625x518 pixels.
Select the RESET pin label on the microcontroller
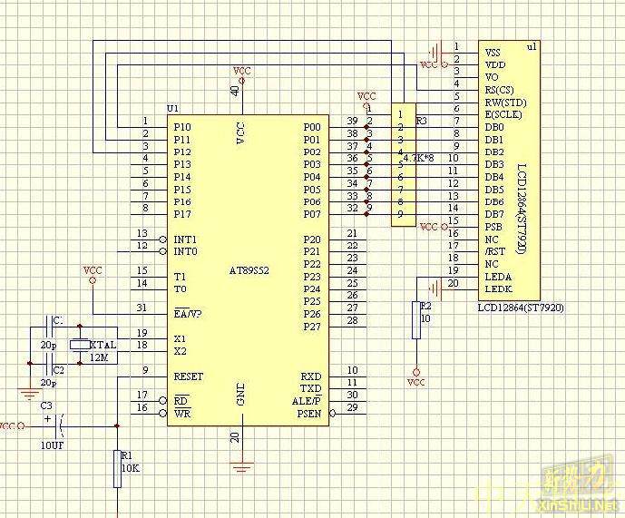pos(189,376)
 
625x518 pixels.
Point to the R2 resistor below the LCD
pos(416,320)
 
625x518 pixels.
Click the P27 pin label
pos(311,326)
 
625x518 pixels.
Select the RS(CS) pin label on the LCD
pos(501,90)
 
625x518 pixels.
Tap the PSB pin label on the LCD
pos(493,226)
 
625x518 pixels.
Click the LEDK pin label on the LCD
pos(498,288)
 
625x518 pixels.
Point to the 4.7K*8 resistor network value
pos(416,158)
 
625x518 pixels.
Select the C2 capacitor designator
pos(57,370)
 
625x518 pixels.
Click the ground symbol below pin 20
pos(240,467)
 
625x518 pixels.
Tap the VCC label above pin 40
pos(241,70)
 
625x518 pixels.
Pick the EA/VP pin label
pos(188,313)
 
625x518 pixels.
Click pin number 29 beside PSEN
pos(352,408)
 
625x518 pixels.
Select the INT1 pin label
pos(185,239)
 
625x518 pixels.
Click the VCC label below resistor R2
pos(416,383)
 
